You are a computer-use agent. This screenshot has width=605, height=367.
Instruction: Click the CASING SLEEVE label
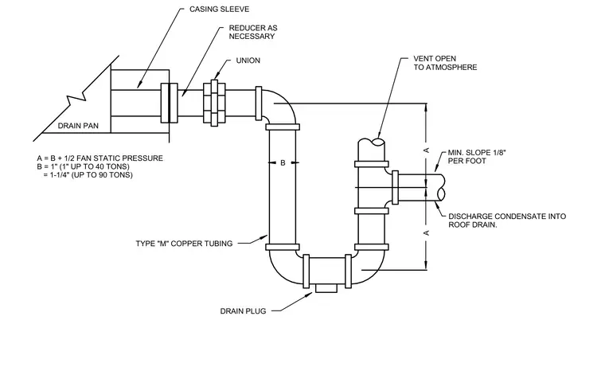click(219, 9)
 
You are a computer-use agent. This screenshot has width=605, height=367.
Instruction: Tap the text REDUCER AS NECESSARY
click(253, 32)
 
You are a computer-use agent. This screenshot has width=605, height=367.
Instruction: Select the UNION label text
click(248, 61)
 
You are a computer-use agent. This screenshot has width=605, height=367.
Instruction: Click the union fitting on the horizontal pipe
click(214, 103)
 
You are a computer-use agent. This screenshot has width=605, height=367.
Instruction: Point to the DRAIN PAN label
click(78, 126)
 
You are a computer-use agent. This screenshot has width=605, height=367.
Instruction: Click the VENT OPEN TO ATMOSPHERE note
click(445, 63)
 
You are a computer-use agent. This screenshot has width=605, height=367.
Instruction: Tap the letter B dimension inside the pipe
click(283, 163)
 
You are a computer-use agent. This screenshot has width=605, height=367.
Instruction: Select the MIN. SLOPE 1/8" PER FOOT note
click(477, 157)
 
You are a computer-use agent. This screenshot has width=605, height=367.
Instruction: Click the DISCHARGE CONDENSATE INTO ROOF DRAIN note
click(507, 221)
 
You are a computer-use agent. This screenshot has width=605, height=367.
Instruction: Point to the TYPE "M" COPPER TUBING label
click(184, 244)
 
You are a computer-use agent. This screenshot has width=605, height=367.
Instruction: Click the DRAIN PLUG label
click(243, 311)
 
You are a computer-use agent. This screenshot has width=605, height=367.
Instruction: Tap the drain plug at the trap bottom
click(326, 288)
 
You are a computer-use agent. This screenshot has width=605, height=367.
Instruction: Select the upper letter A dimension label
click(427, 150)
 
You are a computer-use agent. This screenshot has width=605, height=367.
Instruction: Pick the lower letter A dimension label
click(427, 232)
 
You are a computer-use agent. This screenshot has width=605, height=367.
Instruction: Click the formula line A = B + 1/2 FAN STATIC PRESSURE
click(100, 158)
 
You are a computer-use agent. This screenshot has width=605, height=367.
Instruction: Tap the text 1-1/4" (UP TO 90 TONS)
click(91, 175)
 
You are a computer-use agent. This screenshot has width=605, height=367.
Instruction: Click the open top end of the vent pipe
click(371, 142)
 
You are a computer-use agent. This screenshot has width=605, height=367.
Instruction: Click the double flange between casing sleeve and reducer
click(169, 103)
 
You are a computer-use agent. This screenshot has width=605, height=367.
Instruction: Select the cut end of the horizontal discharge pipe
click(441, 188)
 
